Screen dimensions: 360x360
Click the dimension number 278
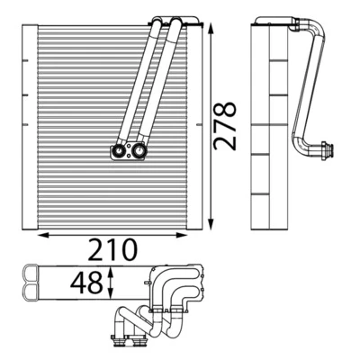click(x=224, y=125)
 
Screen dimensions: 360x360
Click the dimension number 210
click(x=112, y=249)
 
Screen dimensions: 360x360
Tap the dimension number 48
click(x=86, y=283)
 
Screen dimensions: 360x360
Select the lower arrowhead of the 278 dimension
click(x=211, y=224)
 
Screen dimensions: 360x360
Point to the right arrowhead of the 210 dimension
click(x=182, y=235)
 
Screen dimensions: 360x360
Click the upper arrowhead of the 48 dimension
click(x=111, y=272)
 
